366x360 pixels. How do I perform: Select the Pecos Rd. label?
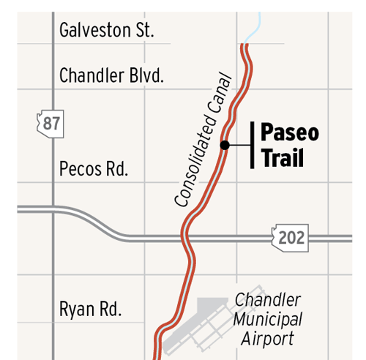[93, 170]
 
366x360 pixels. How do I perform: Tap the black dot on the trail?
[225, 145]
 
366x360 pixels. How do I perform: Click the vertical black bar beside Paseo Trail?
[252, 145]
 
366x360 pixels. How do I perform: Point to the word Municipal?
[268, 320]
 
